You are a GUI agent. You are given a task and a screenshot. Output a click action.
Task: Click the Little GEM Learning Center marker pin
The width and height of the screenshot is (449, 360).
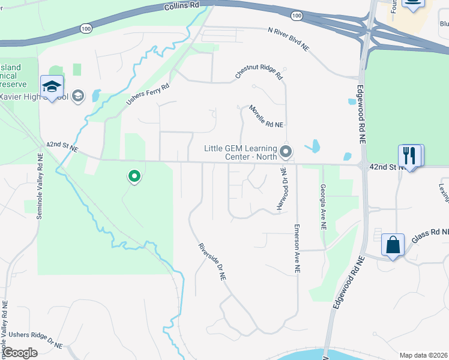286,151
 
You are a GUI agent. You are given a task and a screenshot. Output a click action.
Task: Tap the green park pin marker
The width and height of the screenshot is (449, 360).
134,176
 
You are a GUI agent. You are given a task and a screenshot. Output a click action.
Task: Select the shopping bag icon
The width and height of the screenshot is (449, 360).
393,245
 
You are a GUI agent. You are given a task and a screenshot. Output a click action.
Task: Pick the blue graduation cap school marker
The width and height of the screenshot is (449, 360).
52,87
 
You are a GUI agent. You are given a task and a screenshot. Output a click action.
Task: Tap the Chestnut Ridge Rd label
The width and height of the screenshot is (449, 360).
259,74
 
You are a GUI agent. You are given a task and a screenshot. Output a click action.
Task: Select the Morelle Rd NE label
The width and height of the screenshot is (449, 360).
266,116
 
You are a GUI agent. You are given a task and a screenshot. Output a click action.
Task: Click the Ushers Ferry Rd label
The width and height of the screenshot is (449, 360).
148,95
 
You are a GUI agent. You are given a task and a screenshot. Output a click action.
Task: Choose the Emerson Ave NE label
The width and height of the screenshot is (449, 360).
297,249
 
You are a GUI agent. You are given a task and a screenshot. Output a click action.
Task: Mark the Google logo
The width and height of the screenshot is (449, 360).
19,352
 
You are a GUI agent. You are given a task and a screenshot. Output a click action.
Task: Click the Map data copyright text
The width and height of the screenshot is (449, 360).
423,355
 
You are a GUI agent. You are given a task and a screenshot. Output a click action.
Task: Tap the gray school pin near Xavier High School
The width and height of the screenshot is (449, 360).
77,95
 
